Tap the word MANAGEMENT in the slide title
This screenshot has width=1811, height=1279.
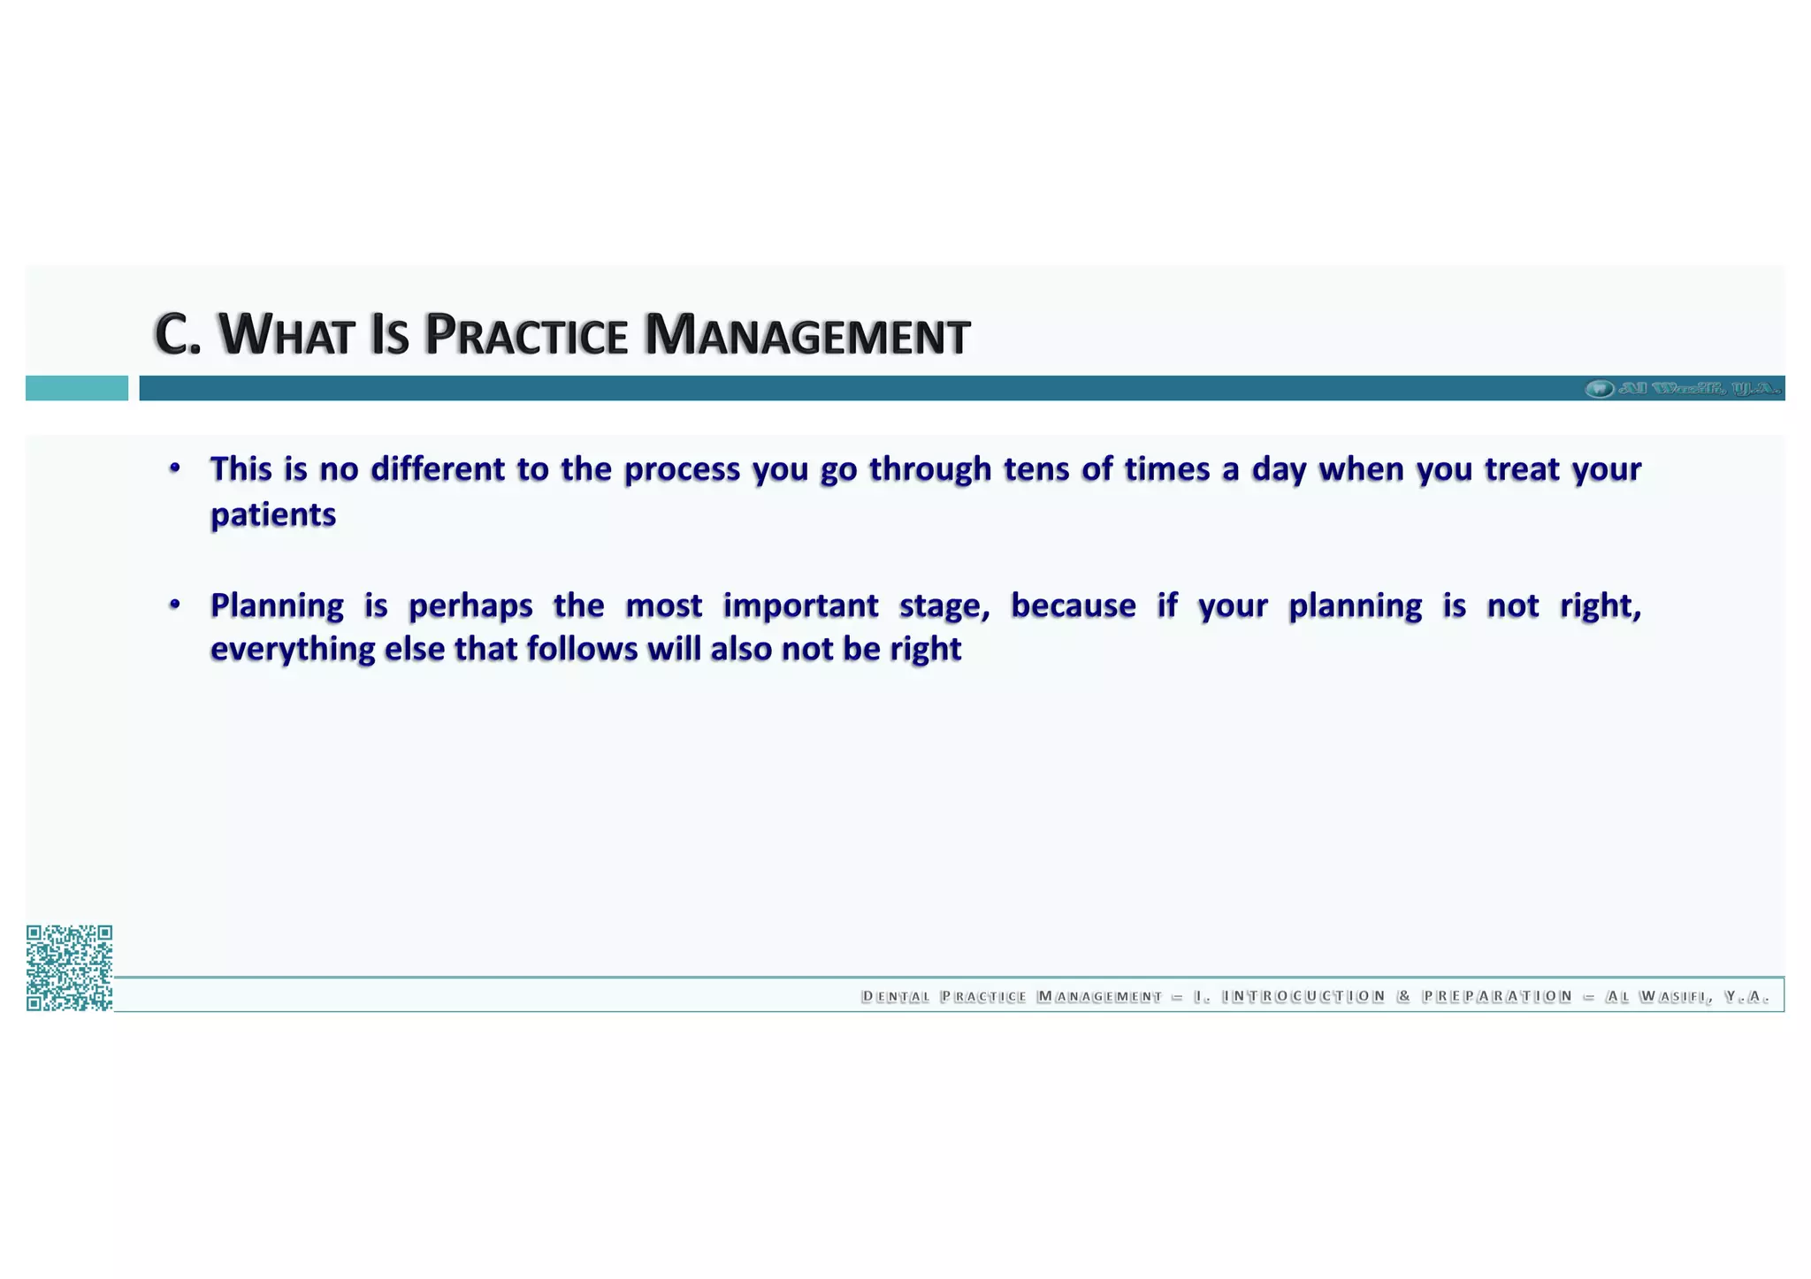(806, 336)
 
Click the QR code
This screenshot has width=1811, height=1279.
(69, 968)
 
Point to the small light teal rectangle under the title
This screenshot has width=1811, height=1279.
(77, 388)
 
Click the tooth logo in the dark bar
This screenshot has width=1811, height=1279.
(1599, 388)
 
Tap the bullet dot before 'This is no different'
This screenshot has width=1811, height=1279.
(175, 468)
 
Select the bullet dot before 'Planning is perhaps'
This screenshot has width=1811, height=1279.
(175, 605)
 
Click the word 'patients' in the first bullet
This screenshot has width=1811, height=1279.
(273, 514)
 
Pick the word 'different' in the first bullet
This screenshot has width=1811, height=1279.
(438, 469)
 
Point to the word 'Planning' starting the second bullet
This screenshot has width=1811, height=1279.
(277, 606)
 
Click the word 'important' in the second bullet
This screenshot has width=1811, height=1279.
(800, 606)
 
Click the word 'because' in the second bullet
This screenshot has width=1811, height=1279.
(1074, 606)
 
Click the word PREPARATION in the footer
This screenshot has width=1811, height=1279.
(1497, 997)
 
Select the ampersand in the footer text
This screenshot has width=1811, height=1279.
(1403, 997)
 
